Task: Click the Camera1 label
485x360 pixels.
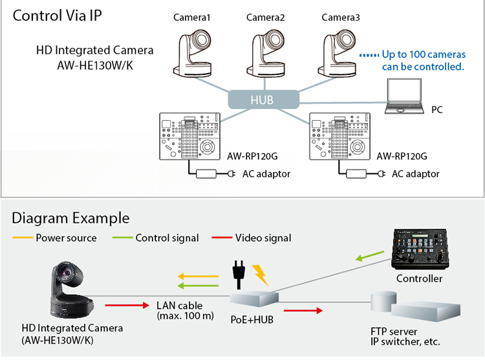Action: click(x=192, y=17)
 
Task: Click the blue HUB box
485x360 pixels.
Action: click(x=263, y=99)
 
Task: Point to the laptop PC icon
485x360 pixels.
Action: click(x=406, y=96)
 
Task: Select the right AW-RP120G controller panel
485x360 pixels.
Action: click(x=341, y=136)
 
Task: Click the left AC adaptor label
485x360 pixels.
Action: click(x=266, y=174)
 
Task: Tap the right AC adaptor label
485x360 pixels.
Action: click(x=415, y=174)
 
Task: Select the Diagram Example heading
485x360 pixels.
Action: click(x=70, y=218)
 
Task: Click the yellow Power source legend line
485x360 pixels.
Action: click(x=22, y=238)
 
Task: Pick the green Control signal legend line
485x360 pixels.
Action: click(x=122, y=238)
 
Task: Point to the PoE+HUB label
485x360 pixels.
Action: click(x=252, y=319)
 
